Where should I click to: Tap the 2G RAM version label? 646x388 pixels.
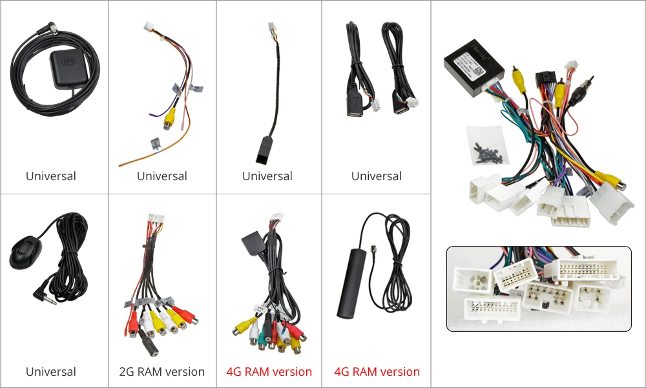161,372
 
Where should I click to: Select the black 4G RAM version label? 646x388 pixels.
269,372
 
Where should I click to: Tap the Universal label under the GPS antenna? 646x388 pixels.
50,176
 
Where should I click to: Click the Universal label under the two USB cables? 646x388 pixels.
377,176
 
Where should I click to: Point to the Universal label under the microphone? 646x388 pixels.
50,372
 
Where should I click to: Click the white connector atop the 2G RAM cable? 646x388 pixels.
155,221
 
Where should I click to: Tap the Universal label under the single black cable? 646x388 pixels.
267,176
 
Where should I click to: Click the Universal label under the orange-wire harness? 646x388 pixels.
161,176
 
